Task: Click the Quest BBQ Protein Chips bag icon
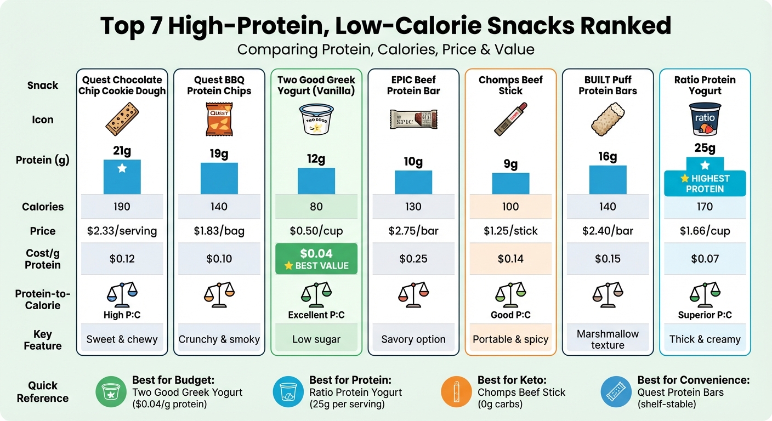click(x=219, y=119)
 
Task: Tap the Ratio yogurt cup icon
click(x=705, y=119)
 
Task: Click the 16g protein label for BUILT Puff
click(x=608, y=157)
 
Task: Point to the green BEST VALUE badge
click(x=316, y=259)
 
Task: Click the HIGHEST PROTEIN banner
click(x=705, y=183)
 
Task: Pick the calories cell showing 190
click(x=122, y=207)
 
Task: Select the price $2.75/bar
click(x=413, y=231)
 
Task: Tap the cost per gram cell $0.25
click(x=413, y=259)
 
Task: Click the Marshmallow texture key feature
click(x=608, y=339)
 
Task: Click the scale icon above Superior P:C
click(x=705, y=294)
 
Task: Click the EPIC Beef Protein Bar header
click(x=413, y=85)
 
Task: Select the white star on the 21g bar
click(x=122, y=168)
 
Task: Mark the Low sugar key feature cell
click(x=316, y=339)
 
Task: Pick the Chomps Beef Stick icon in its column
click(x=510, y=119)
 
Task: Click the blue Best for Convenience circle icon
click(x=616, y=392)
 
